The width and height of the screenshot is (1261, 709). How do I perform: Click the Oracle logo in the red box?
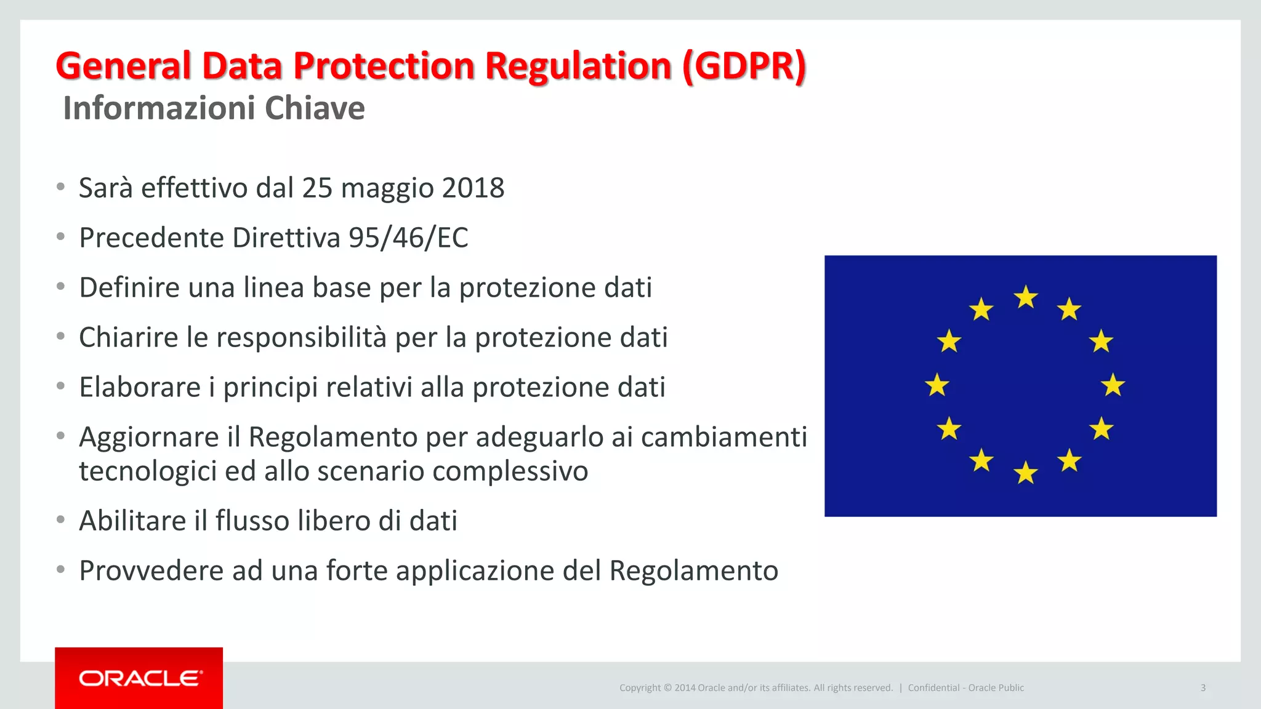140,678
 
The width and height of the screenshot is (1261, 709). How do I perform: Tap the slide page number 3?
1203,687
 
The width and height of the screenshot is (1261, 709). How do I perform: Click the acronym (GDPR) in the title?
744,66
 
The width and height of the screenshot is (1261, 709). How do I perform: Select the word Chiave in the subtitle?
315,108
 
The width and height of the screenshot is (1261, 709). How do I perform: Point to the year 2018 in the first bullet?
473,188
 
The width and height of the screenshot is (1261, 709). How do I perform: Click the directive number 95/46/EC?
408,238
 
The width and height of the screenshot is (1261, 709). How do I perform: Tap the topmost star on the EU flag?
1026,298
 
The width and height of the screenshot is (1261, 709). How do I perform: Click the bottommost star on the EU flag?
1026,473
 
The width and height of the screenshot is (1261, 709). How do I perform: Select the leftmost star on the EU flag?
937,385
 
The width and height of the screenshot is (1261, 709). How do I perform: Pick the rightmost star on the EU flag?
1113,385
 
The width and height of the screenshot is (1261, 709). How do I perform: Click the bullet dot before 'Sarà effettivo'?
60,186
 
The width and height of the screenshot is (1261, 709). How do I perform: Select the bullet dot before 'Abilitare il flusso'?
60,519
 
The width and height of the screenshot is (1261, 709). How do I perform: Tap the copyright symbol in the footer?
667,688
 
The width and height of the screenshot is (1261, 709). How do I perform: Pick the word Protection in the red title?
384,66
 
